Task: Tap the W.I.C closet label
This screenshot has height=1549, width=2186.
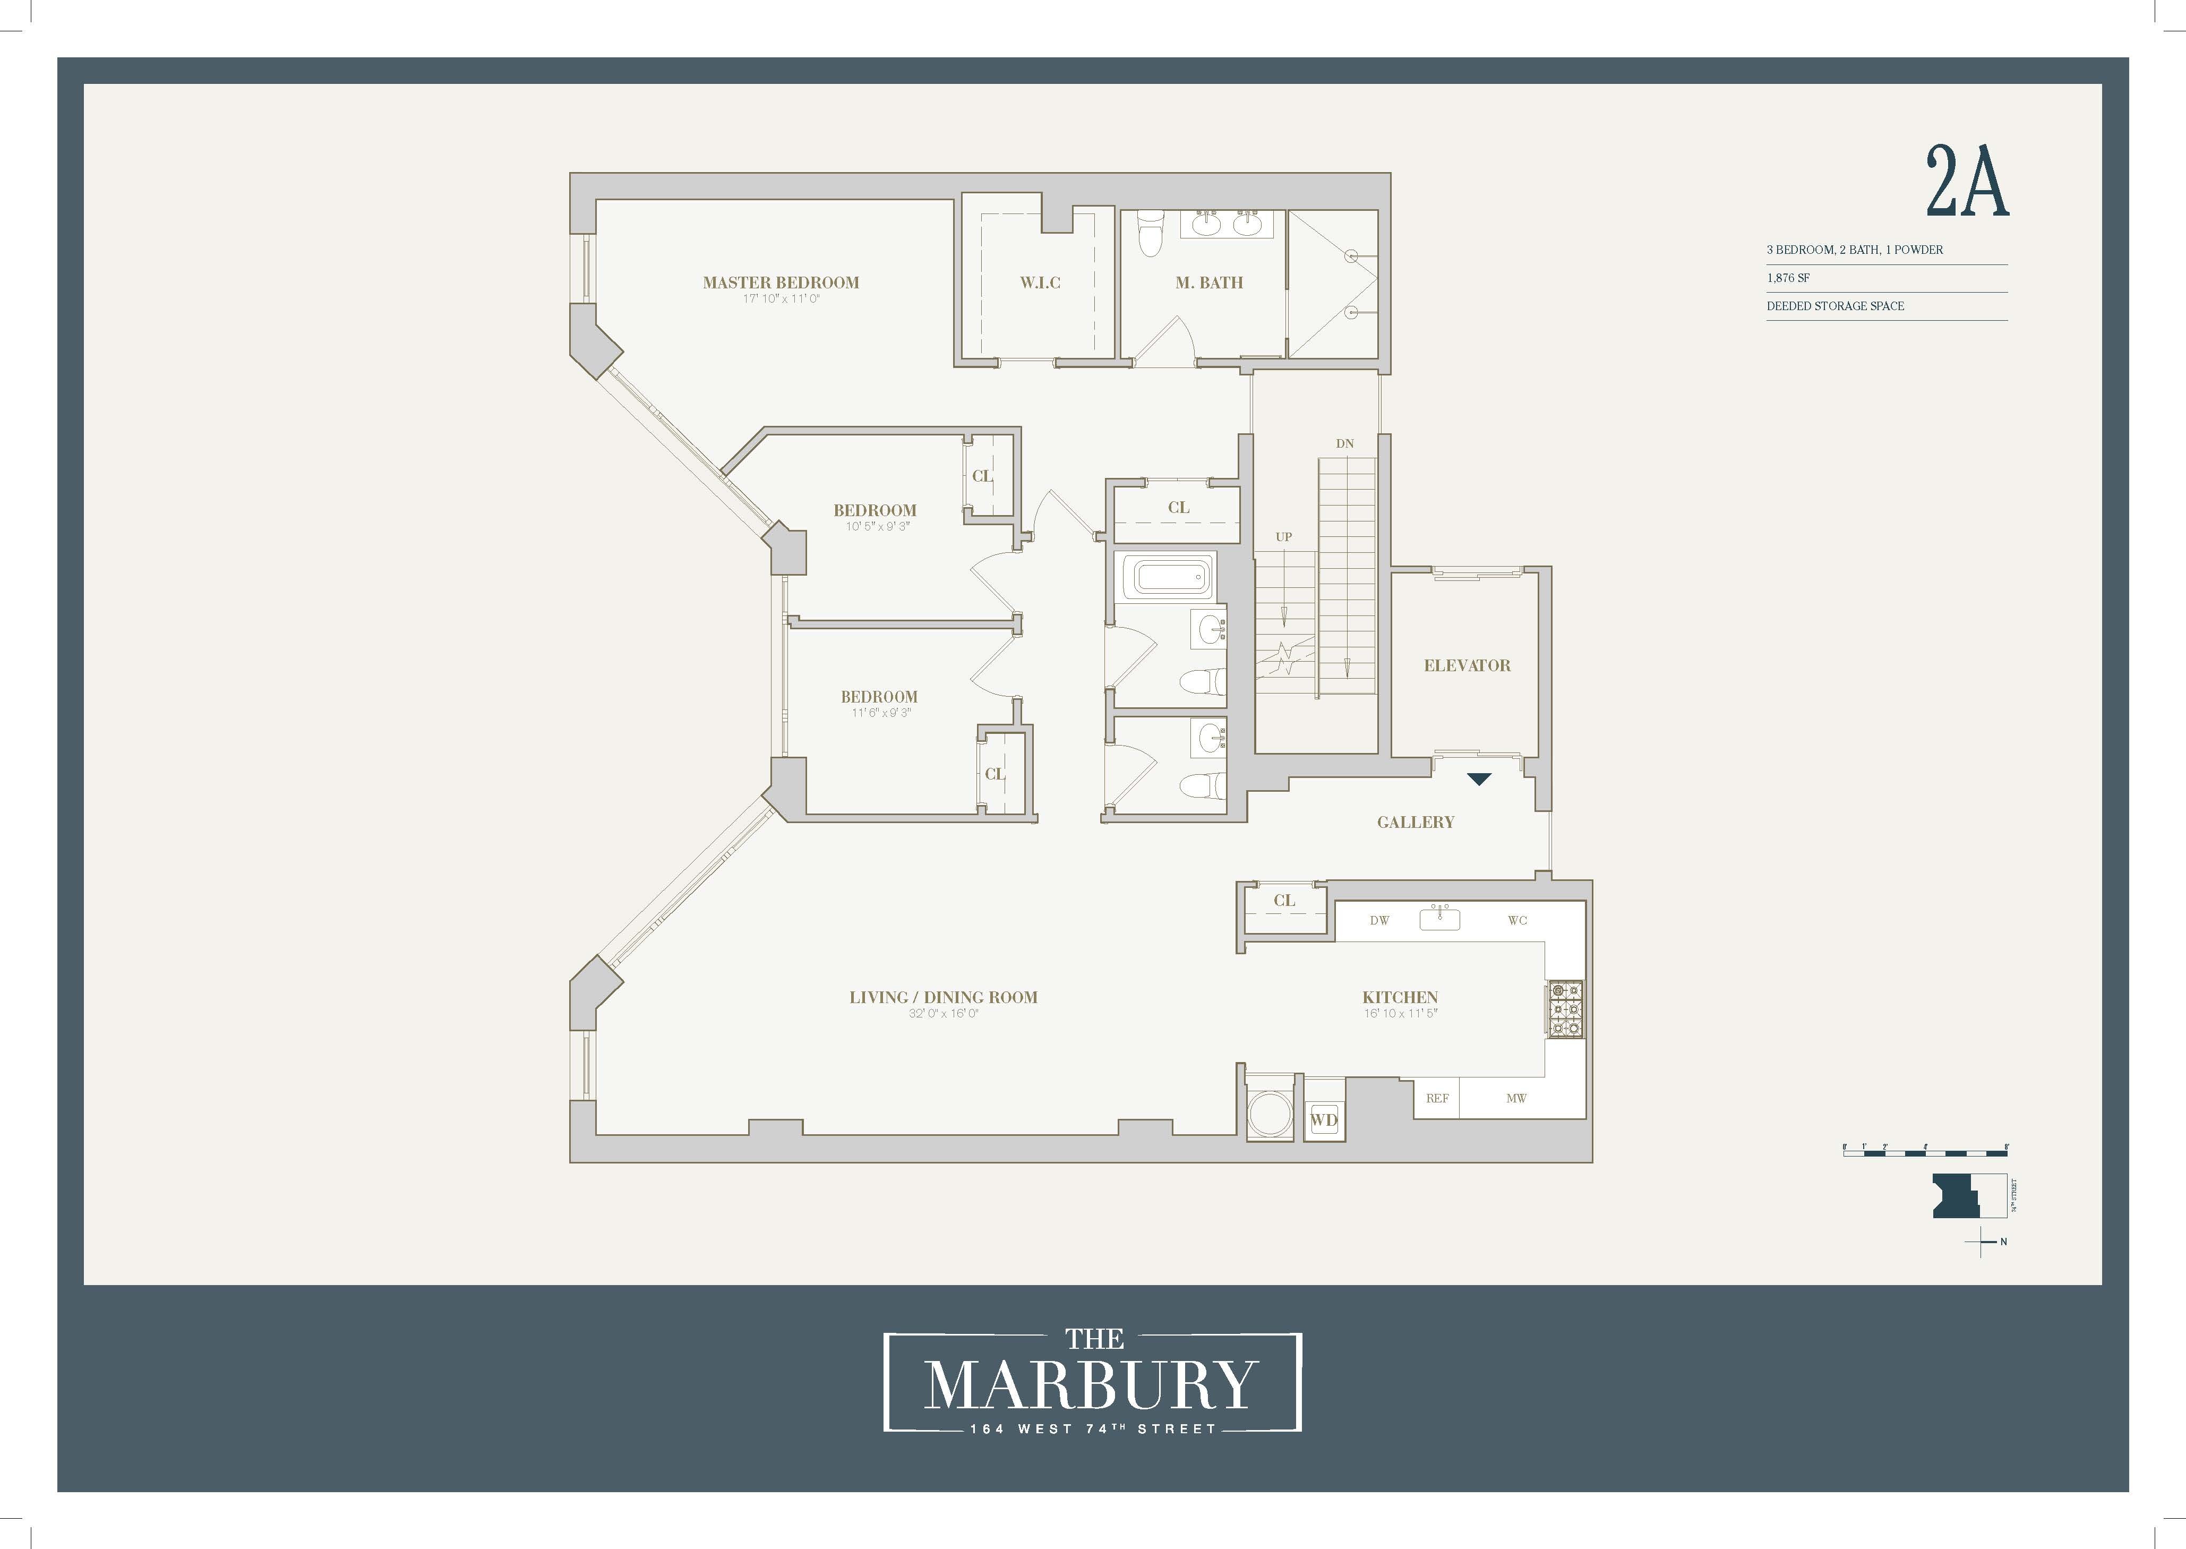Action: pos(1040,283)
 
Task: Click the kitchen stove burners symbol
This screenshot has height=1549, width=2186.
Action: pos(1564,1009)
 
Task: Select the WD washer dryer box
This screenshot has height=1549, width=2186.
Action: pos(1324,1120)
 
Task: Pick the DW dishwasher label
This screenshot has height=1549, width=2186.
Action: pos(1379,920)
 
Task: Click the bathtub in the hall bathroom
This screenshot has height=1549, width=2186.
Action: pos(1168,577)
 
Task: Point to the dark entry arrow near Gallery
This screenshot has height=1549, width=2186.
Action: pos(1478,779)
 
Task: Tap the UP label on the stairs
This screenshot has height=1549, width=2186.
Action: pos(1284,537)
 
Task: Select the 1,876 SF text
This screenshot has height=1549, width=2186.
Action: pos(1788,278)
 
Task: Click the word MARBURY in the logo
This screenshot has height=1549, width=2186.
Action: pos(1091,1386)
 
